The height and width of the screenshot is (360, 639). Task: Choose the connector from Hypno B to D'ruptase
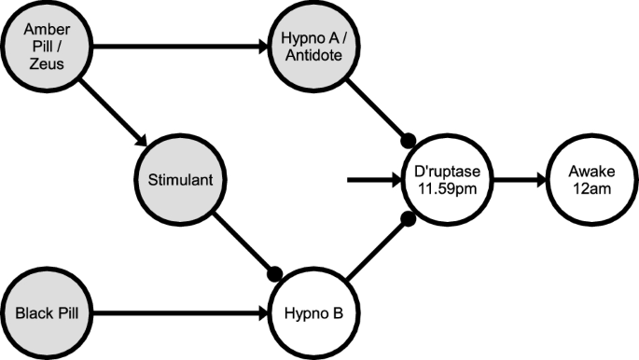click(x=375, y=250)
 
